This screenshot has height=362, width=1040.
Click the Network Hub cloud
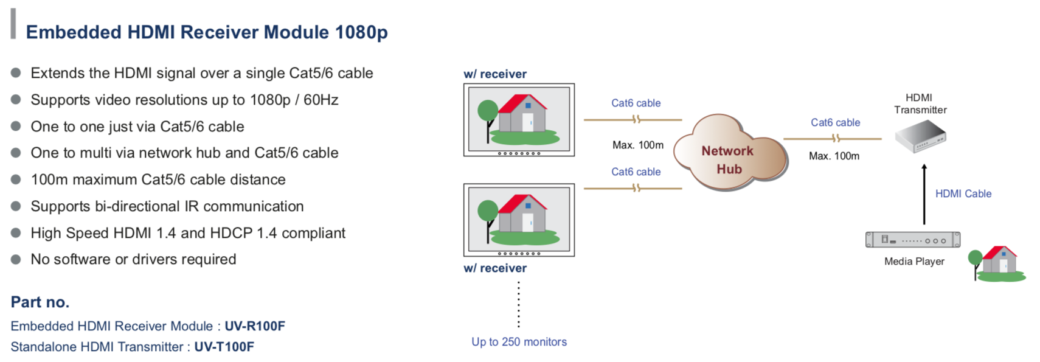point(730,153)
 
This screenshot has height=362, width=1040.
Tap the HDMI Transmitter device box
point(921,136)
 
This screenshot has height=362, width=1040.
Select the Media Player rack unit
point(913,240)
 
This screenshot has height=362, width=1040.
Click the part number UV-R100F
point(255,326)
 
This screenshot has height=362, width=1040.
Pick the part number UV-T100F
point(224,347)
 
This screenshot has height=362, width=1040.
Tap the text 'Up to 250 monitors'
point(519,342)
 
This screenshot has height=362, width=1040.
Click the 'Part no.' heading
point(40,302)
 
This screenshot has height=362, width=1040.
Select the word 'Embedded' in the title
point(74,32)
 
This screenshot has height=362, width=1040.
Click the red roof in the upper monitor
point(522,103)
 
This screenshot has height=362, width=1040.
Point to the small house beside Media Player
point(998,263)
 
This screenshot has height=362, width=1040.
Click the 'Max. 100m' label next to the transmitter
point(834,156)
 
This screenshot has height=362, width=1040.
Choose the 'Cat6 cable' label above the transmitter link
point(835,123)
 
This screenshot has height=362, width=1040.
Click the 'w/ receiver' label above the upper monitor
point(495,74)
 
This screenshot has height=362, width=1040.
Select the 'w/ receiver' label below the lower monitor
point(495,268)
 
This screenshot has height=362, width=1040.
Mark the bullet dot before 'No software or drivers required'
point(16,259)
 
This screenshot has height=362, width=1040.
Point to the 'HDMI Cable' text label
point(963,194)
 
